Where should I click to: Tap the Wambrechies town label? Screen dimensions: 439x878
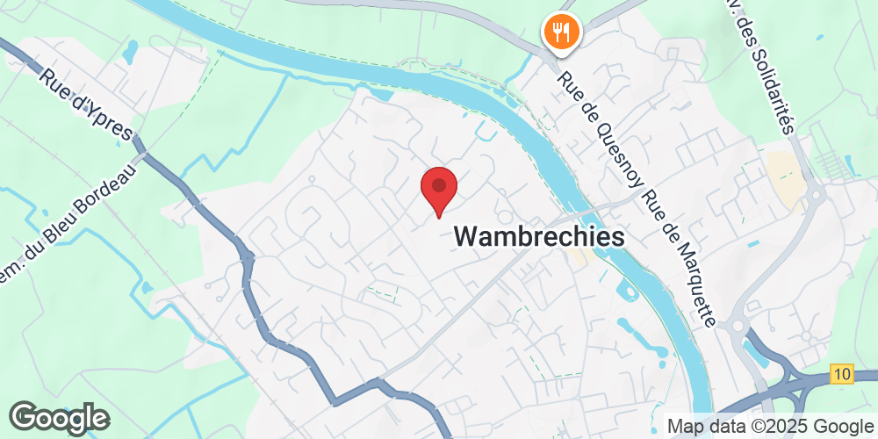(x=539, y=236)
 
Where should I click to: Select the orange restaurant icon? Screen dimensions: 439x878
(x=558, y=32)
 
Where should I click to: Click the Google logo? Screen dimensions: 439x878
(x=60, y=417)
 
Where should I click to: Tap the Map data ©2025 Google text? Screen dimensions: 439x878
(x=769, y=426)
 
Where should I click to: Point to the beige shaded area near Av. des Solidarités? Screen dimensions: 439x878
(x=783, y=176)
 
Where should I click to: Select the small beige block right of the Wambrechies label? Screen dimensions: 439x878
(x=578, y=255)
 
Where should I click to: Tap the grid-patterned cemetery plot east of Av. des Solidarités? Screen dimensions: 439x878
(x=834, y=162)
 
